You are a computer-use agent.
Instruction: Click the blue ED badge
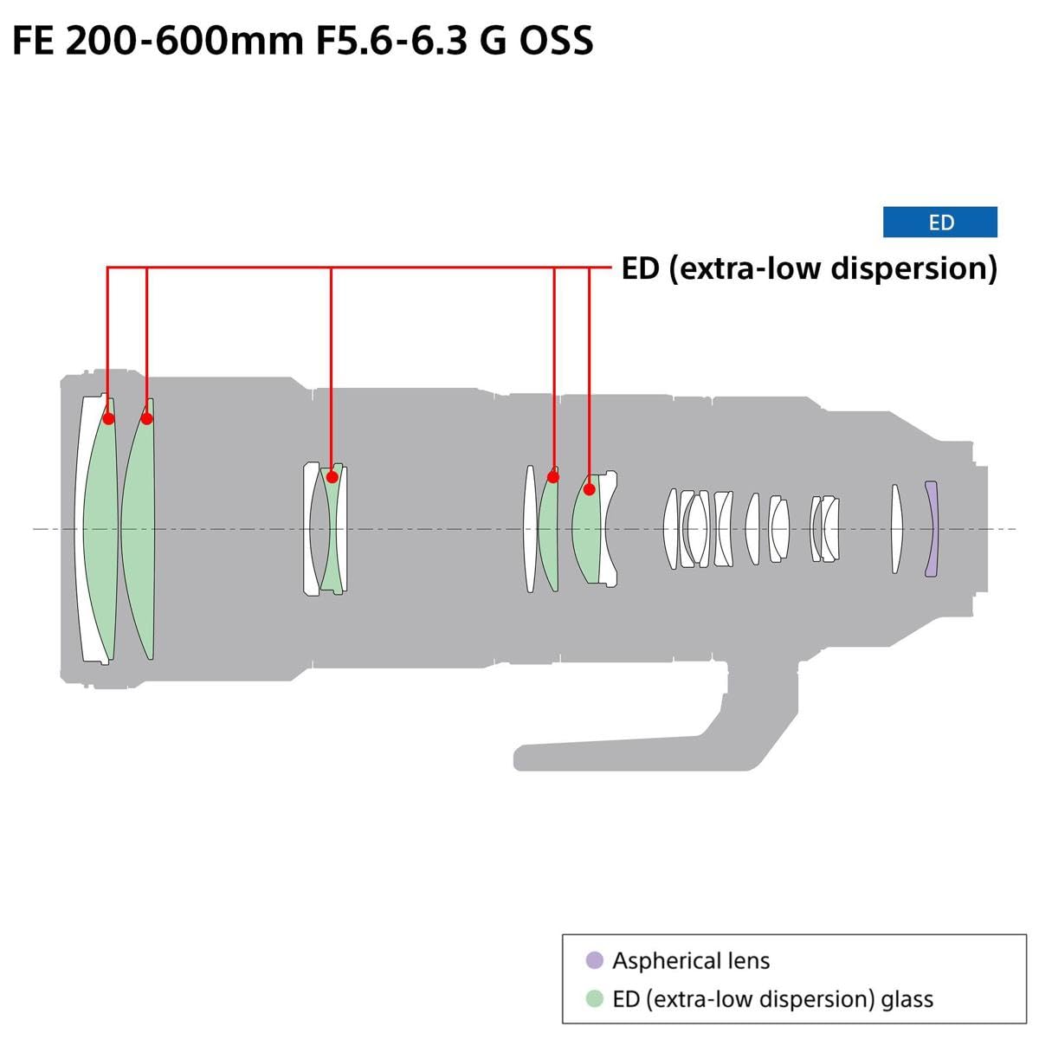[939, 223]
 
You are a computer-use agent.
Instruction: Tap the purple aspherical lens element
[931, 529]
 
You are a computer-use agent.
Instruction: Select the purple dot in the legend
[594, 960]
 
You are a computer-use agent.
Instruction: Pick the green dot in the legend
[594, 998]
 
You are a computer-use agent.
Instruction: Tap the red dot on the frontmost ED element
[108, 419]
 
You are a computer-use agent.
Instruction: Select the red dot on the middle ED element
[332, 476]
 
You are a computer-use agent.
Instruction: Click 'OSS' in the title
[556, 41]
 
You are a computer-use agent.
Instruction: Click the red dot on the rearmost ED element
[589, 489]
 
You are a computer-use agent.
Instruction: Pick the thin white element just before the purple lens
[897, 529]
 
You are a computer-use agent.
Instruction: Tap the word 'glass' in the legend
[907, 999]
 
